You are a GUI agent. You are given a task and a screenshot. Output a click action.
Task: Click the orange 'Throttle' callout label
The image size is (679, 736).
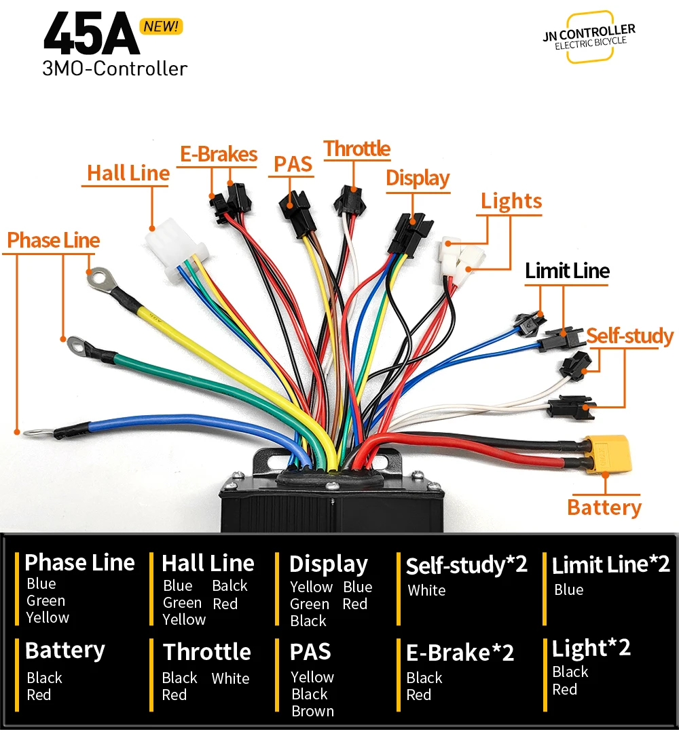(357, 149)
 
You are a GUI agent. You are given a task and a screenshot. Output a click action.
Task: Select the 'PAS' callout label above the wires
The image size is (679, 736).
(293, 164)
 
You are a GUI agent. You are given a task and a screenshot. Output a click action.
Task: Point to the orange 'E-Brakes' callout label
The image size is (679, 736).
(219, 154)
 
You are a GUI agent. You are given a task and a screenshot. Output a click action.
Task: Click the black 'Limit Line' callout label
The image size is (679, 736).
(567, 271)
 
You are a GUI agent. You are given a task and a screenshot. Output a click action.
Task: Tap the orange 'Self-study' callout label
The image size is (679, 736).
(629, 336)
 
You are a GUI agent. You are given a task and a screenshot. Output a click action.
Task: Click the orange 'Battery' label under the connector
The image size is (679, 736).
(604, 507)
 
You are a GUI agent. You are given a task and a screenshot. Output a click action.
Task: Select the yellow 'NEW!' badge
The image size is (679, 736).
(160, 26)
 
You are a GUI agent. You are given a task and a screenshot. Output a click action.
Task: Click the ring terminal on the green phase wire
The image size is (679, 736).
(80, 346)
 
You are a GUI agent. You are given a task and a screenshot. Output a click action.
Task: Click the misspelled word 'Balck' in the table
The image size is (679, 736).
(230, 585)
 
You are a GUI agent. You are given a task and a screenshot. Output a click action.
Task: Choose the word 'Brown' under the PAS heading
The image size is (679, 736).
(312, 711)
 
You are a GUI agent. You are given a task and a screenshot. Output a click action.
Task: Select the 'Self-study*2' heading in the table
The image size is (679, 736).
(466, 564)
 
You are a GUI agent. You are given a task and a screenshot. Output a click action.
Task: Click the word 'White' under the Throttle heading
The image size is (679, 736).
(230, 678)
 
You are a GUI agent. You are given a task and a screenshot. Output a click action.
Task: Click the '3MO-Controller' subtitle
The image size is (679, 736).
(114, 69)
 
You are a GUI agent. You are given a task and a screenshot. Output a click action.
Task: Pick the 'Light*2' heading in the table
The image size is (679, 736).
(591, 648)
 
